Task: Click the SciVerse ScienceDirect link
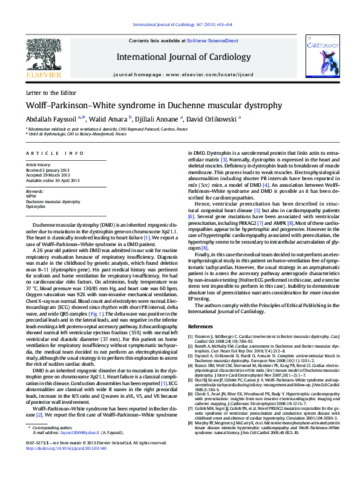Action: coord(204,40)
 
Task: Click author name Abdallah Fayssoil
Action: coord(52,119)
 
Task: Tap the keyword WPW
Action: coord(30,196)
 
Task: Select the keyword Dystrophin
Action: coord(36,206)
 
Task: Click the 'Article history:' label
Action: coord(38,164)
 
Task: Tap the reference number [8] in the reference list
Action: coord(191,401)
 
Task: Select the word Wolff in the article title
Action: coord(38,106)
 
